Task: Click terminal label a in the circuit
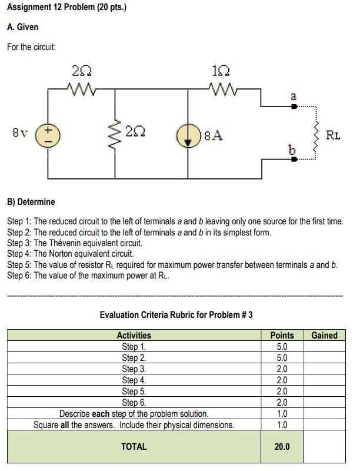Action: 294,95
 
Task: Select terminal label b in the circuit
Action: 291,150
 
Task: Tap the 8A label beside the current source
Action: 215,135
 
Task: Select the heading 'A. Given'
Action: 23,27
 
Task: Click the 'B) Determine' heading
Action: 31,202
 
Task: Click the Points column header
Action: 282,336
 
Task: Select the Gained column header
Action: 324,336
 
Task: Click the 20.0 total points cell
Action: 282,447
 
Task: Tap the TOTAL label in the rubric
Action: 134,446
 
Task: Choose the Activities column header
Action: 134,336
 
